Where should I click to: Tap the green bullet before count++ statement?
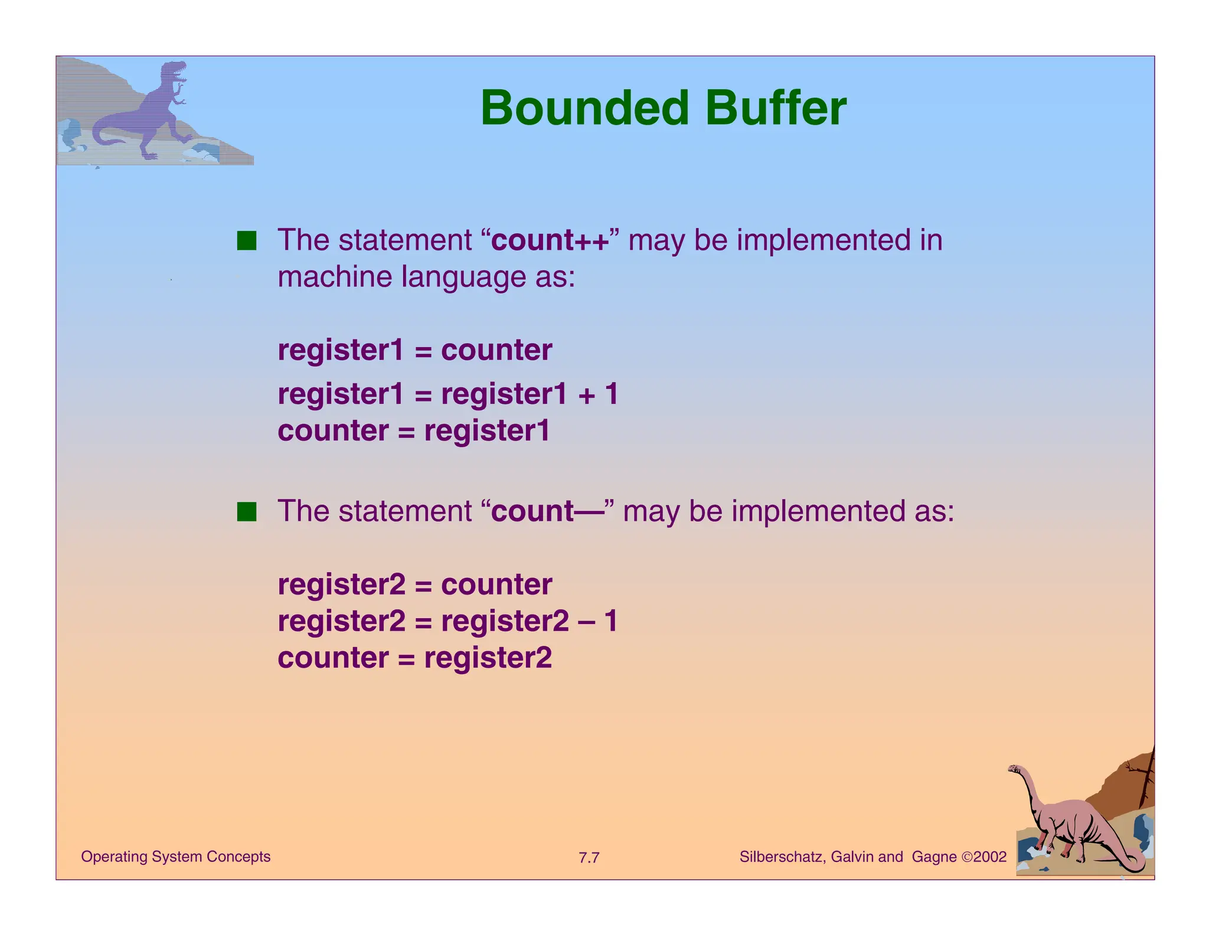247,241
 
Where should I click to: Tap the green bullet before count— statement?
247,512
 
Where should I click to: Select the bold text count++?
550,241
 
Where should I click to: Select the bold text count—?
547,511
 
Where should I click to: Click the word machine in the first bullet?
335,277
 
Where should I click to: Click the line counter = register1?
413,431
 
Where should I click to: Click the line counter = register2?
414,658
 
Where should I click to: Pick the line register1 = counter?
414,350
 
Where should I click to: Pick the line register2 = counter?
414,585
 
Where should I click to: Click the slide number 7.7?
589,858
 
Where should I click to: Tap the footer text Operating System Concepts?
175,857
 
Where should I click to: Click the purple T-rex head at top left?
174,72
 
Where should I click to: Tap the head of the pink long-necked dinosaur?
1015,769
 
